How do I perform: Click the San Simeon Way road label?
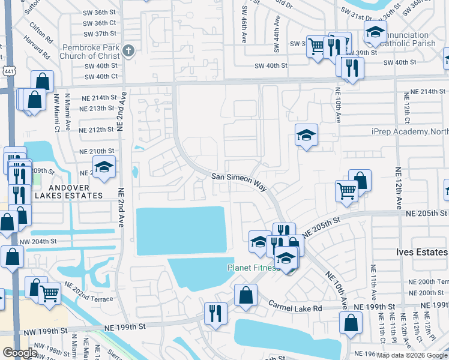pos(239,181)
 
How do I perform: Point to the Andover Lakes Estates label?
pos(68,191)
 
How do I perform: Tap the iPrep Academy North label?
pos(410,131)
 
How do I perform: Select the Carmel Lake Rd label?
pos(295,307)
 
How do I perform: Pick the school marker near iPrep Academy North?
pos(306,136)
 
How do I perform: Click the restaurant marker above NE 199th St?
pos(215,313)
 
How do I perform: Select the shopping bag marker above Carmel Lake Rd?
pos(246,295)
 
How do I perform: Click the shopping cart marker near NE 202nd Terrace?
pos(49,293)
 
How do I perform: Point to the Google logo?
pos(20,353)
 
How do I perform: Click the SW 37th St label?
pos(100,34)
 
